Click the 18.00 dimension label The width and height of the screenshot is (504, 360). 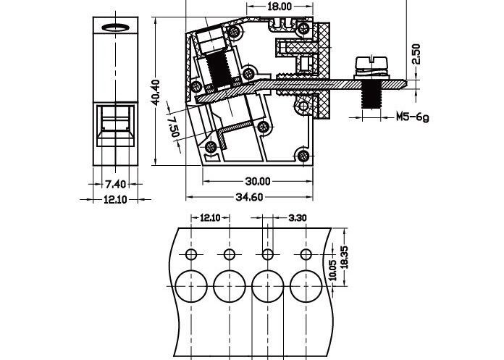tap(280, 7)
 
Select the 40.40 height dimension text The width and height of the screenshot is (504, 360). tap(155, 93)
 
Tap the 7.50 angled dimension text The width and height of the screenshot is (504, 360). tap(174, 125)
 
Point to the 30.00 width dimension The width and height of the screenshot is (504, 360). tap(257, 181)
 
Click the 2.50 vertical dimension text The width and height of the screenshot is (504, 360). tap(416, 55)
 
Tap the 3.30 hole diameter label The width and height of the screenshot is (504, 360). tap(298, 217)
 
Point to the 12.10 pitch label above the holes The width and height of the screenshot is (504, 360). tap(210, 217)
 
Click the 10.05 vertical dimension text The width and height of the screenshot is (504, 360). tap(332, 270)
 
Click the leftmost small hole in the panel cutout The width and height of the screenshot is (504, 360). tap(191, 254)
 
